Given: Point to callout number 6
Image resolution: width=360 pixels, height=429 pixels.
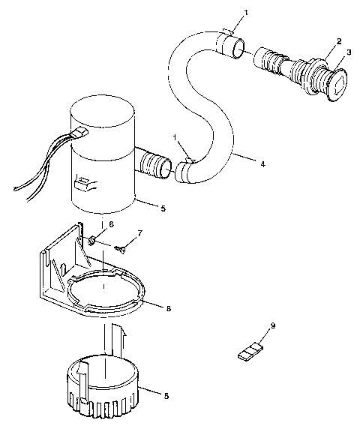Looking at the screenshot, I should pos(112,223).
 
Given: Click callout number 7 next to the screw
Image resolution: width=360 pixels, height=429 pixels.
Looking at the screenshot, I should pos(139,235).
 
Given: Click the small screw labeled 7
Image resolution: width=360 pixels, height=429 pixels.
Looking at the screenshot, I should pos(120,247).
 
